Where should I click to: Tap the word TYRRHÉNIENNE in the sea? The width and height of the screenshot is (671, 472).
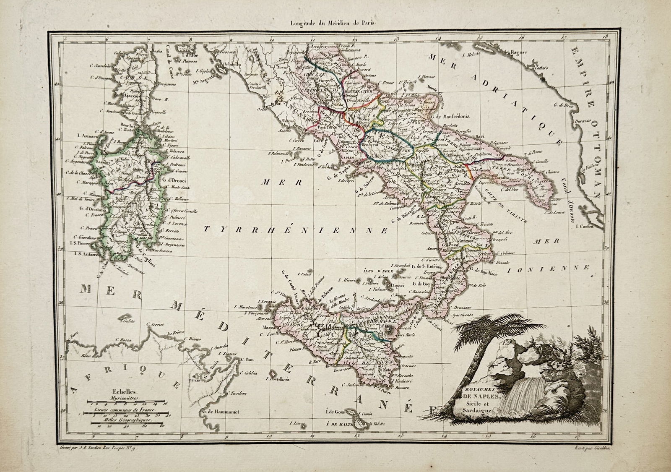pos(296,229)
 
